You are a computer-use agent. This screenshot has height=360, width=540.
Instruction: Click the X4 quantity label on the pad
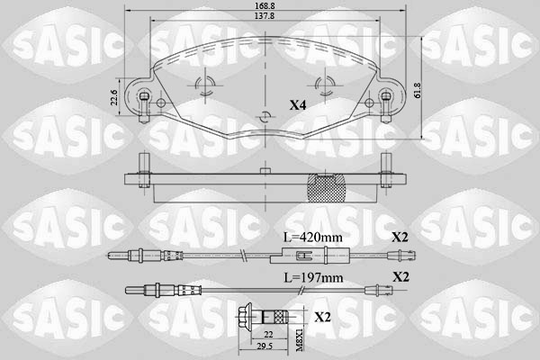tap(298, 105)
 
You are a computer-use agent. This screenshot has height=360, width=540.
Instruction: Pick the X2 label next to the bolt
tap(321, 318)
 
